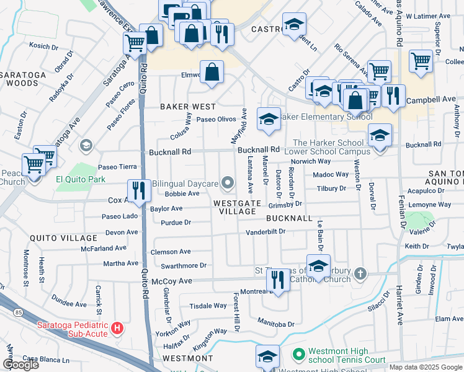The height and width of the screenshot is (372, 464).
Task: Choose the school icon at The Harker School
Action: click(380, 135)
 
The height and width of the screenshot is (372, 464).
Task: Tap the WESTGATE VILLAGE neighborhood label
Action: click(234, 207)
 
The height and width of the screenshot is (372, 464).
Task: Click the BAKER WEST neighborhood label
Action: click(188, 107)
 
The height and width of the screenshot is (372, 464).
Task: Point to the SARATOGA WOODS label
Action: click(27, 78)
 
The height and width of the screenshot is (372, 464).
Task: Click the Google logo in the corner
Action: click(20, 365)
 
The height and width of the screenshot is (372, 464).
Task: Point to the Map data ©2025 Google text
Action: click(426, 367)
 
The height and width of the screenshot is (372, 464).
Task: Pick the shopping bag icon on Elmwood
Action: click(212, 72)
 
